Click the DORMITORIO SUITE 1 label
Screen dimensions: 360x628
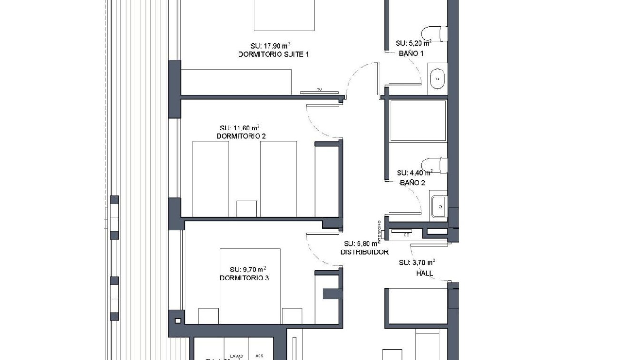point(273,55)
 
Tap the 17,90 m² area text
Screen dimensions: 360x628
point(270,46)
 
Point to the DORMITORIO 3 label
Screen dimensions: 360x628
point(244,278)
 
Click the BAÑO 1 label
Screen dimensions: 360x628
point(411,54)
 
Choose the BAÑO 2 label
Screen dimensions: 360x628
point(412,183)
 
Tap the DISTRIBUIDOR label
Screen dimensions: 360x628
point(364,252)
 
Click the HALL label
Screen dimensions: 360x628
point(425,274)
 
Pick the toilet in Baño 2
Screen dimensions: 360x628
point(435,165)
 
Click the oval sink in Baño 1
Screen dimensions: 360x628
point(437,79)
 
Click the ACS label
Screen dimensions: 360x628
point(259,356)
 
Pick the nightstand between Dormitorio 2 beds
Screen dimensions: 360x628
point(246,209)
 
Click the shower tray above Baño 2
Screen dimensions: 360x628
point(418,121)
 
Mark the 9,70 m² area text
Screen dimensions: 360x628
point(248,270)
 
